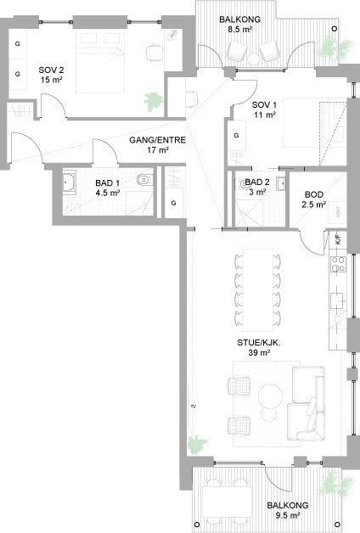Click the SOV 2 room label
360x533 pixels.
coord(52,70)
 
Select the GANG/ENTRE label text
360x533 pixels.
coord(151,139)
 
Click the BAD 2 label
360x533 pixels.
coord(257,182)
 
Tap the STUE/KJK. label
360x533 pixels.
coord(256,344)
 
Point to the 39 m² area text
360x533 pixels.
coord(256,355)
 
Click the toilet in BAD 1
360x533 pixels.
coord(144,179)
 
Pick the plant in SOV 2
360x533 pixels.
coord(153,100)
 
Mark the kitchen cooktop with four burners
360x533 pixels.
coord(336,265)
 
